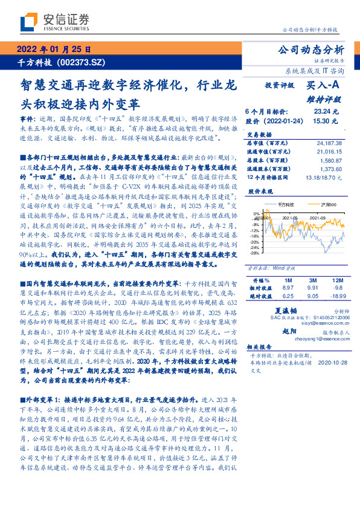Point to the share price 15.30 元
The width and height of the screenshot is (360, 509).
click(329, 120)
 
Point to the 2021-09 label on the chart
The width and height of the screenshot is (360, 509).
click(318, 218)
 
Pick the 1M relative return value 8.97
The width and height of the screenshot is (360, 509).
click(288, 288)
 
